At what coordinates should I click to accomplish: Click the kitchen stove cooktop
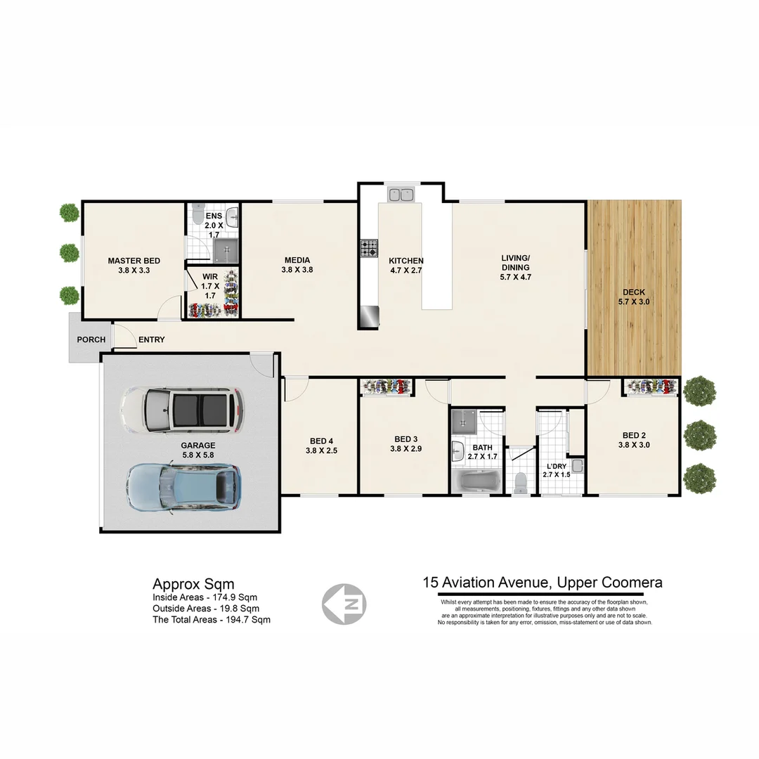coord(369,248)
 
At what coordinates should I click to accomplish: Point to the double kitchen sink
coord(401,193)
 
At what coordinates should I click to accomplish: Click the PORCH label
coord(91,340)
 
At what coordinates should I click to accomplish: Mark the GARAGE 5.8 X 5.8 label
coord(198,450)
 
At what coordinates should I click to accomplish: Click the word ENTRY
coord(152,340)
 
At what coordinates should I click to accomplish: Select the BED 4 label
coord(321,446)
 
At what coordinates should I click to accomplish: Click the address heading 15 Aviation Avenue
coord(542,583)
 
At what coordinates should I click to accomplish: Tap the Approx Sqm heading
coord(193,584)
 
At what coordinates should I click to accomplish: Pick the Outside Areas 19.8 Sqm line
coord(206,609)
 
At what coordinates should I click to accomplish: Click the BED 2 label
coord(633,439)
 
